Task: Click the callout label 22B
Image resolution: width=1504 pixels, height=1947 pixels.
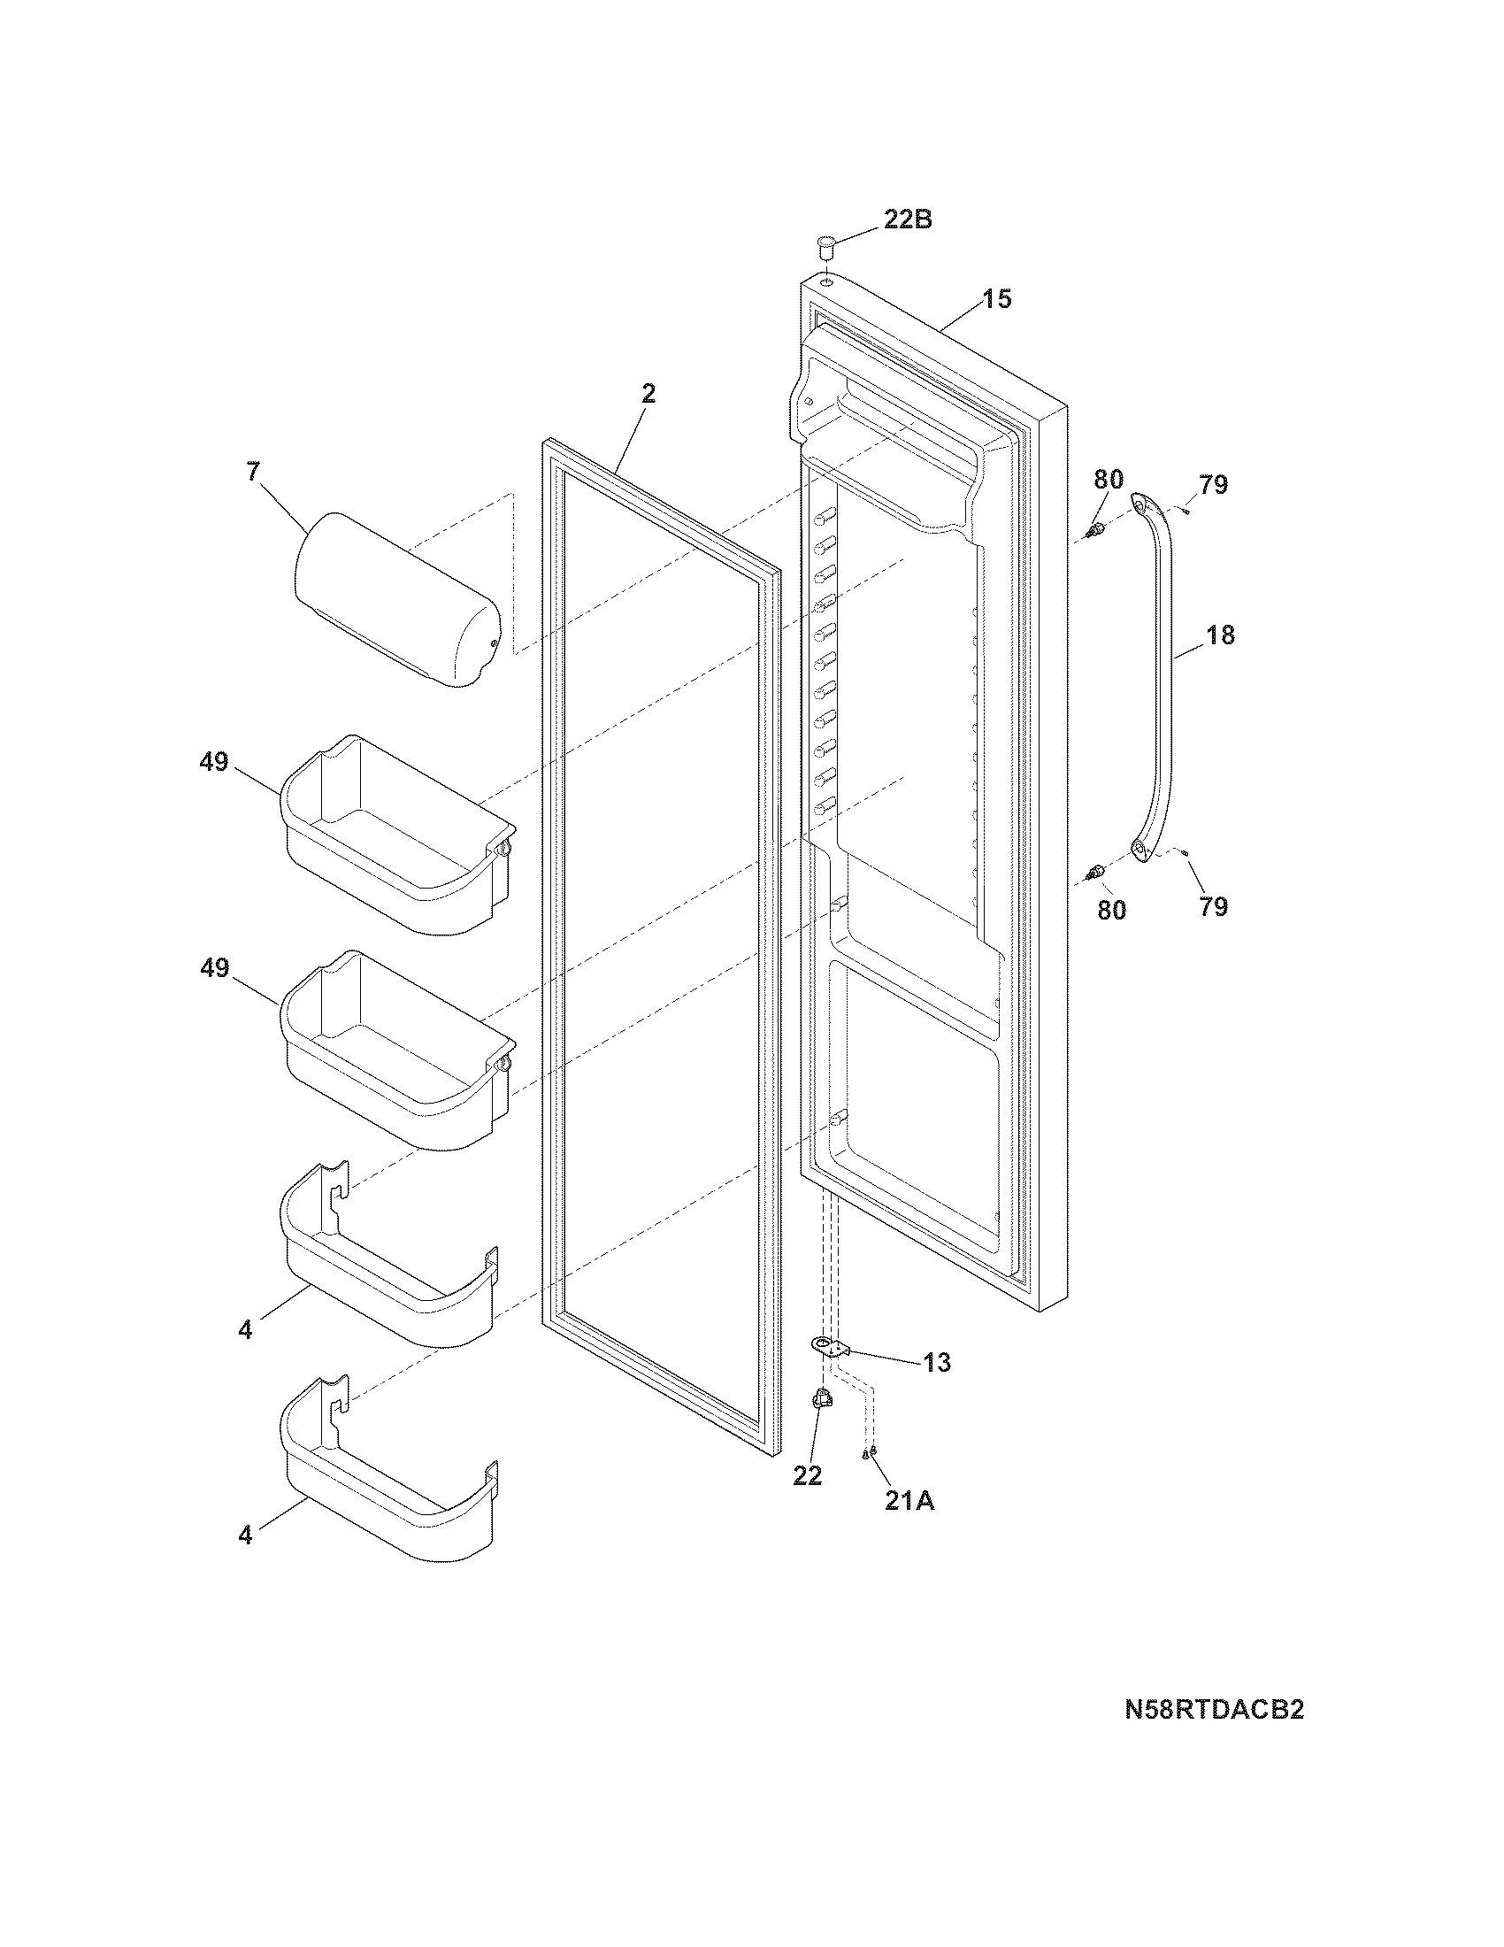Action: pos(907,219)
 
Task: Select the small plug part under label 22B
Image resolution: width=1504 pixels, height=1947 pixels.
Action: pos(826,244)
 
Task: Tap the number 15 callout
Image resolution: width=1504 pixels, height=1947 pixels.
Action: pos(997,299)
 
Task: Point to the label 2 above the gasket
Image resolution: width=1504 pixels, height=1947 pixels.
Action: pos(648,393)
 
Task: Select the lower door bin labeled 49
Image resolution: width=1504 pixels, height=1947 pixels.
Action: pos(396,1050)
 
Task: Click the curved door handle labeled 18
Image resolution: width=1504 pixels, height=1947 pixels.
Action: pos(1157,678)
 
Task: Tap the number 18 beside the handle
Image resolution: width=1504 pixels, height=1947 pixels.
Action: pos(1221,635)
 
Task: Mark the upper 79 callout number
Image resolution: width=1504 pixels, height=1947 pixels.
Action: pos(1213,485)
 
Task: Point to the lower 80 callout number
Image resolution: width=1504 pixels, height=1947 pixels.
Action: pos(1111,910)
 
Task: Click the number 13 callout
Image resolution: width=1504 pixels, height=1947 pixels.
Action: pos(936,1388)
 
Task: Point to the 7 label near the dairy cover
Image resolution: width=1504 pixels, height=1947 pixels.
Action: pos(254,472)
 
